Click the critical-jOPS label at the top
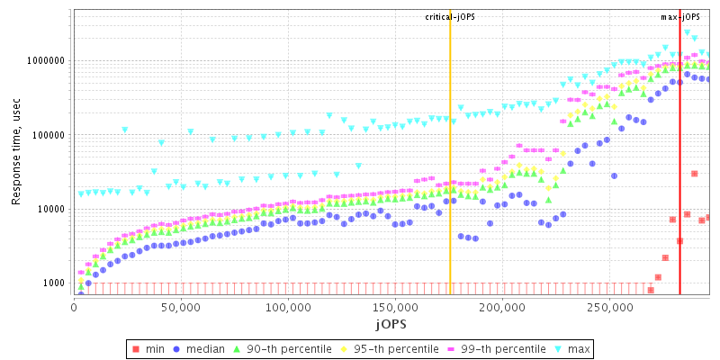(450, 17)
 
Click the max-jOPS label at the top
(679, 17)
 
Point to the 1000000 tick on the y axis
(45, 61)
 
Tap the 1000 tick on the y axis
(53, 283)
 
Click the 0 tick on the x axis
(74, 305)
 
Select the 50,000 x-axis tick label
(181, 305)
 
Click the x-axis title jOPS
(391, 321)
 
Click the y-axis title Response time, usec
(16, 153)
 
